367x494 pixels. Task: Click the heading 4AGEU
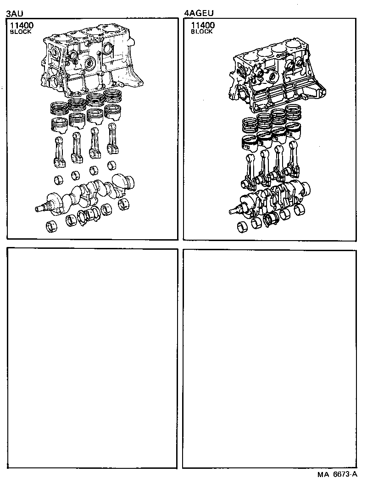pyautogui.click(x=198, y=14)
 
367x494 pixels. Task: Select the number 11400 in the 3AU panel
pyautogui.click(x=21, y=26)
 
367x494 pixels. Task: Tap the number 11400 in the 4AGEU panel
pyautogui.click(x=202, y=26)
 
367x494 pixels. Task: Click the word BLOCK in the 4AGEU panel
pyautogui.click(x=201, y=32)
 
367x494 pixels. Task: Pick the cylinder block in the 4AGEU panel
pyautogui.click(x=275, y=78)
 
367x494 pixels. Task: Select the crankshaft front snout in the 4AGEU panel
pyautogui.click(x=235, y=211)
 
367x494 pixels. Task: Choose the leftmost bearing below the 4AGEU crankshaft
pyautogui.click(x=244, y=227)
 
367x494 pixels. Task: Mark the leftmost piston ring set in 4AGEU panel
pyautogui.click(x=250, y=125)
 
